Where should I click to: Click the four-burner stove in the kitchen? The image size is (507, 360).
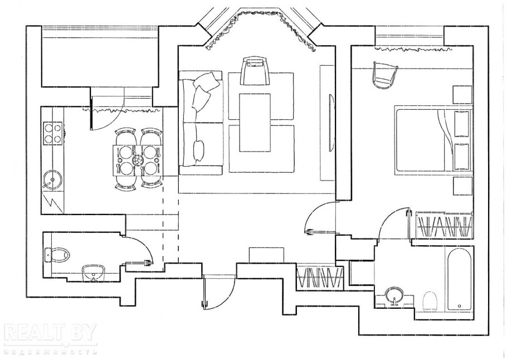[x=52, y=133]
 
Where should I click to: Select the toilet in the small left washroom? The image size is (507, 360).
[x=57, y=255]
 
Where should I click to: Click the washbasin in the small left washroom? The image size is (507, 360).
[x=94, y=273]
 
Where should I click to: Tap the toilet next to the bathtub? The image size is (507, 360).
[x=430, y=302]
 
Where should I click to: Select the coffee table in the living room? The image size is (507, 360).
[x=255, y=123]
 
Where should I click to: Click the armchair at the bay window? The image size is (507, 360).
[x=255, y=71]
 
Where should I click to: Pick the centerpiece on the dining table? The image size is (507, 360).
[x=137, y=160]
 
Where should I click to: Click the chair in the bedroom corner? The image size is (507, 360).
[x=385, y=75]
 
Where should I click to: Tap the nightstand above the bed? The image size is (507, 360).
[x=462, y=95]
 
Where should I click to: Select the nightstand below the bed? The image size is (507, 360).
[x=462, y=186]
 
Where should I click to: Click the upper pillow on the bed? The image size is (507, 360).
[x=462, y=124]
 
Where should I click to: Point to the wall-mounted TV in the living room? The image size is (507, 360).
[x=330, y=123]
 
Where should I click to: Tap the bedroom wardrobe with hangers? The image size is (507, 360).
[x=444, y=226]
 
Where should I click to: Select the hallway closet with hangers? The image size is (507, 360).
[x=319, y=277]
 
